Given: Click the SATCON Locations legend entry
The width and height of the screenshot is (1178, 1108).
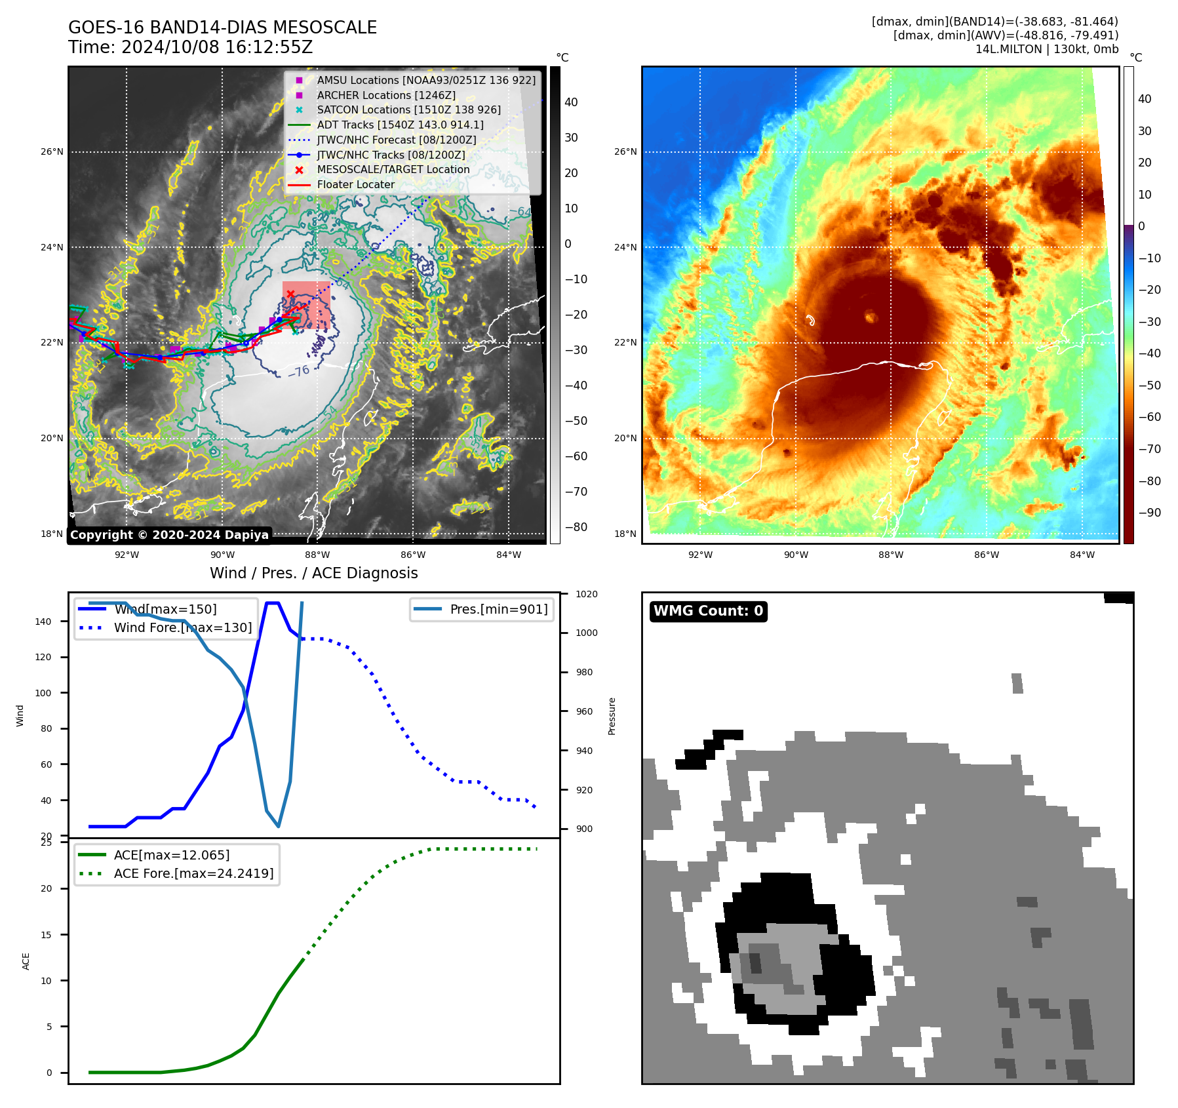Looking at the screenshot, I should (x=408, y=110).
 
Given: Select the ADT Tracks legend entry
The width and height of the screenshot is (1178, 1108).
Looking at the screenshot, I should (x=400, y=125).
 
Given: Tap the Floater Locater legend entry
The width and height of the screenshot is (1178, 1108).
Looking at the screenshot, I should (x=355, y=185).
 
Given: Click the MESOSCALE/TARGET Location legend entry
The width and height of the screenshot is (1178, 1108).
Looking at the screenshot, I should (x=393, y=170).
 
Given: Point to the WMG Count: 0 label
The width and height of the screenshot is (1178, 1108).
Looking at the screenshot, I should (x=708, y=611).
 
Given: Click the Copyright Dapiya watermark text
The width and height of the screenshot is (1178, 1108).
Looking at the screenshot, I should (x=169, y=535).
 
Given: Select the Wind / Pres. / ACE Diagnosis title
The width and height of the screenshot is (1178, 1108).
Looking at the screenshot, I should (x=313, y=573).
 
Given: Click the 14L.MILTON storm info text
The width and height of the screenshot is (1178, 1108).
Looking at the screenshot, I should (x=1046, y=49).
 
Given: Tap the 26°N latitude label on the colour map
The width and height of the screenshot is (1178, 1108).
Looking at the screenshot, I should (x=625, y=152).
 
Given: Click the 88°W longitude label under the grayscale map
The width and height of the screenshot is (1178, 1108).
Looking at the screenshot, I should (x=318, y=555).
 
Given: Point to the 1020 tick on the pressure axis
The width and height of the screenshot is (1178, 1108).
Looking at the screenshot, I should (x=587, y=594).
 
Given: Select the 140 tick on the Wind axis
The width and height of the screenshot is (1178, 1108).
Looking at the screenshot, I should (x=43, y=622).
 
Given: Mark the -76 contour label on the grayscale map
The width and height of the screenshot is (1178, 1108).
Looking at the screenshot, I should (x=299, y=372).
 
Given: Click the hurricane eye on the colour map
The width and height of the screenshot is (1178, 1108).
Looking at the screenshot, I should (x=871, y=317).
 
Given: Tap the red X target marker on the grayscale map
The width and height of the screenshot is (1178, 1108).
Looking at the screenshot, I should (x=290, y=294).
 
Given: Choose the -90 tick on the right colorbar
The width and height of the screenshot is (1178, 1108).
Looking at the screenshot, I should (x=1149, y=513).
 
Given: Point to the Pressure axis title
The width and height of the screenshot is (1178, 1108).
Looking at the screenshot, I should (x=612, y=716).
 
